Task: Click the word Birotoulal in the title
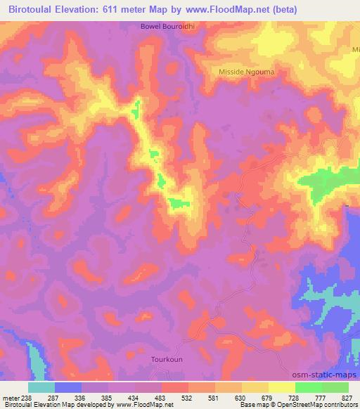tap(33, 10)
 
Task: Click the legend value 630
tap(241, 398)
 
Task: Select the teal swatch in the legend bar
tap(41, 387)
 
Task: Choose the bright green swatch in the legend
tap(308, 387)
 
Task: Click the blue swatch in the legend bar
tap(68, 387)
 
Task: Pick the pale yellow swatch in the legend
tap(281, 387)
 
